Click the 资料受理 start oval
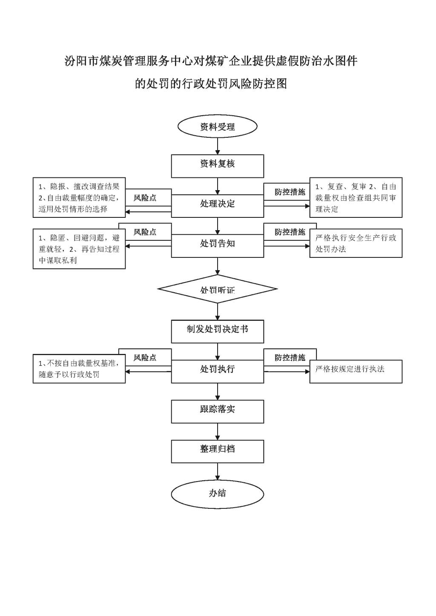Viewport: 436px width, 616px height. (x=218, y=126)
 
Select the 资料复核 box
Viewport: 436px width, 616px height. (x=218, y=166)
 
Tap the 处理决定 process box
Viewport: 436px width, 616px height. (x=218, y=206)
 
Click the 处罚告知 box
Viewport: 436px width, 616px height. (x=218, y=245)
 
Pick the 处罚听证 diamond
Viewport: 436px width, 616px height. (x=218, y=289)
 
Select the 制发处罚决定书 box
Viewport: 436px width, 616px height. (x=218, y=331)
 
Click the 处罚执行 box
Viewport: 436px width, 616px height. (x=218, y=371)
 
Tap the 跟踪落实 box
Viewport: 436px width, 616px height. (x=218, y=411)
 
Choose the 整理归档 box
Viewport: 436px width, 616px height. (x=218, y=451)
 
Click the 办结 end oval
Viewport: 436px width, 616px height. (x=218, y=494)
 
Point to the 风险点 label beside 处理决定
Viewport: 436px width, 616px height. (x=145, y=198)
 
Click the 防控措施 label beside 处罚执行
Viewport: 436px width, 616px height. (x=290, y=357)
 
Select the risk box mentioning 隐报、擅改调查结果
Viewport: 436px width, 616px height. (x=79, y=197)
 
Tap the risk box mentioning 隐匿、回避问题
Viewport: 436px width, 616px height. (x=79, y=248)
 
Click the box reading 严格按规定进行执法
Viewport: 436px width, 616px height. (x=356, y=371)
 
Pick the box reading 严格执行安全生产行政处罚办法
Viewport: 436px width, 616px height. (x=356, y=243)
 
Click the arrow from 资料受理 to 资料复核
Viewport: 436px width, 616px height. (x=218, y=146)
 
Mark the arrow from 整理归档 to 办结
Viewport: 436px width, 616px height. (x=218, y=473)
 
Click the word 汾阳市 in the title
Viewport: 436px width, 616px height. (x=81, y=61)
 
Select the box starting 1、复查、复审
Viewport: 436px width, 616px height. (x=356, y=197)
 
